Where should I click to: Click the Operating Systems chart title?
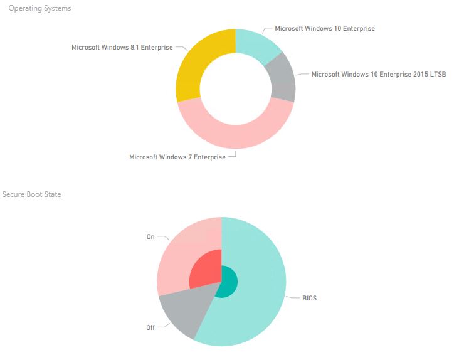(x=40, y=8)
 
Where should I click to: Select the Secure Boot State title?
(x=32, y=194)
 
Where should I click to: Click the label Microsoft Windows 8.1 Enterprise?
(x=122, y=47)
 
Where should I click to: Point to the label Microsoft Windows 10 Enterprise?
(x=324, y=28)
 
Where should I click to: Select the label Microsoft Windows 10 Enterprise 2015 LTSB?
(x=378, y=74)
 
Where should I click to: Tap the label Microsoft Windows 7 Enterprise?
(x=177, y=157)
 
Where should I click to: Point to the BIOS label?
(x=309, y=298)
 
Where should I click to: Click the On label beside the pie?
(x=150, y=237)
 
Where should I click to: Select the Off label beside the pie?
(x=150, y=327)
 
